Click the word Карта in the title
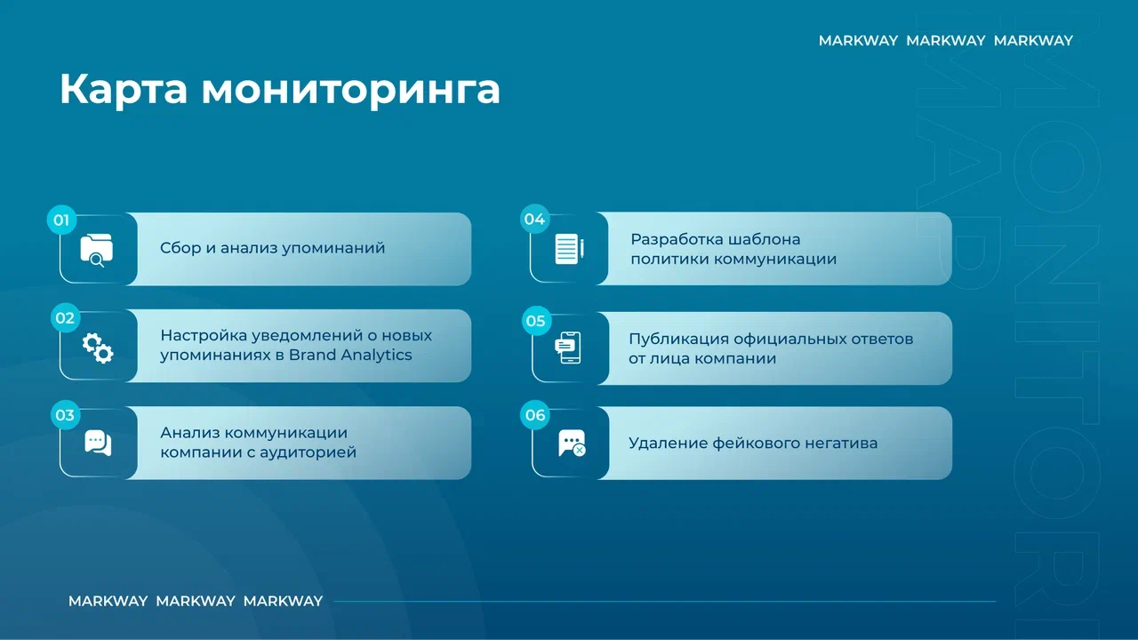pyautogui.click(x=124, y=90)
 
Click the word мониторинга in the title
pyautogui.click(x=351, y=90)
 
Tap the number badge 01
pyautogui.click(x=61, y=220)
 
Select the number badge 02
pyautogui.click(x=65, y=318)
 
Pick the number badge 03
pyautogui.click(x=65, y=415)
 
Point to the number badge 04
pyautogui.click(x=534, y=219)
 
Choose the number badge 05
pyautogui.click(x=536, y=321)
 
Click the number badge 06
pyautogui.click(x=535, y=415)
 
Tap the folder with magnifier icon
pyautogui.click(x=97, y=250)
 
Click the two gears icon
pyautogui.click(x=98, y=348)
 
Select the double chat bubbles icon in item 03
pyautogui.click(x=98, y=443)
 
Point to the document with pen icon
pyautogui.click(x=569, y=249)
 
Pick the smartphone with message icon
pyautogui.click(x=568, y=348)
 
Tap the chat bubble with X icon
pyautogui.click(x=572, y=444)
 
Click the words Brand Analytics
pyautogui.click(x=350, y=355)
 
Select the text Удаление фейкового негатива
pyautogui.click(x=753, y=443)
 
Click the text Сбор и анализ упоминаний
pyautogui.click(x=272, y=248)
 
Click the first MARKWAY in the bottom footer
pyautogui.click(x=108, y=601)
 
